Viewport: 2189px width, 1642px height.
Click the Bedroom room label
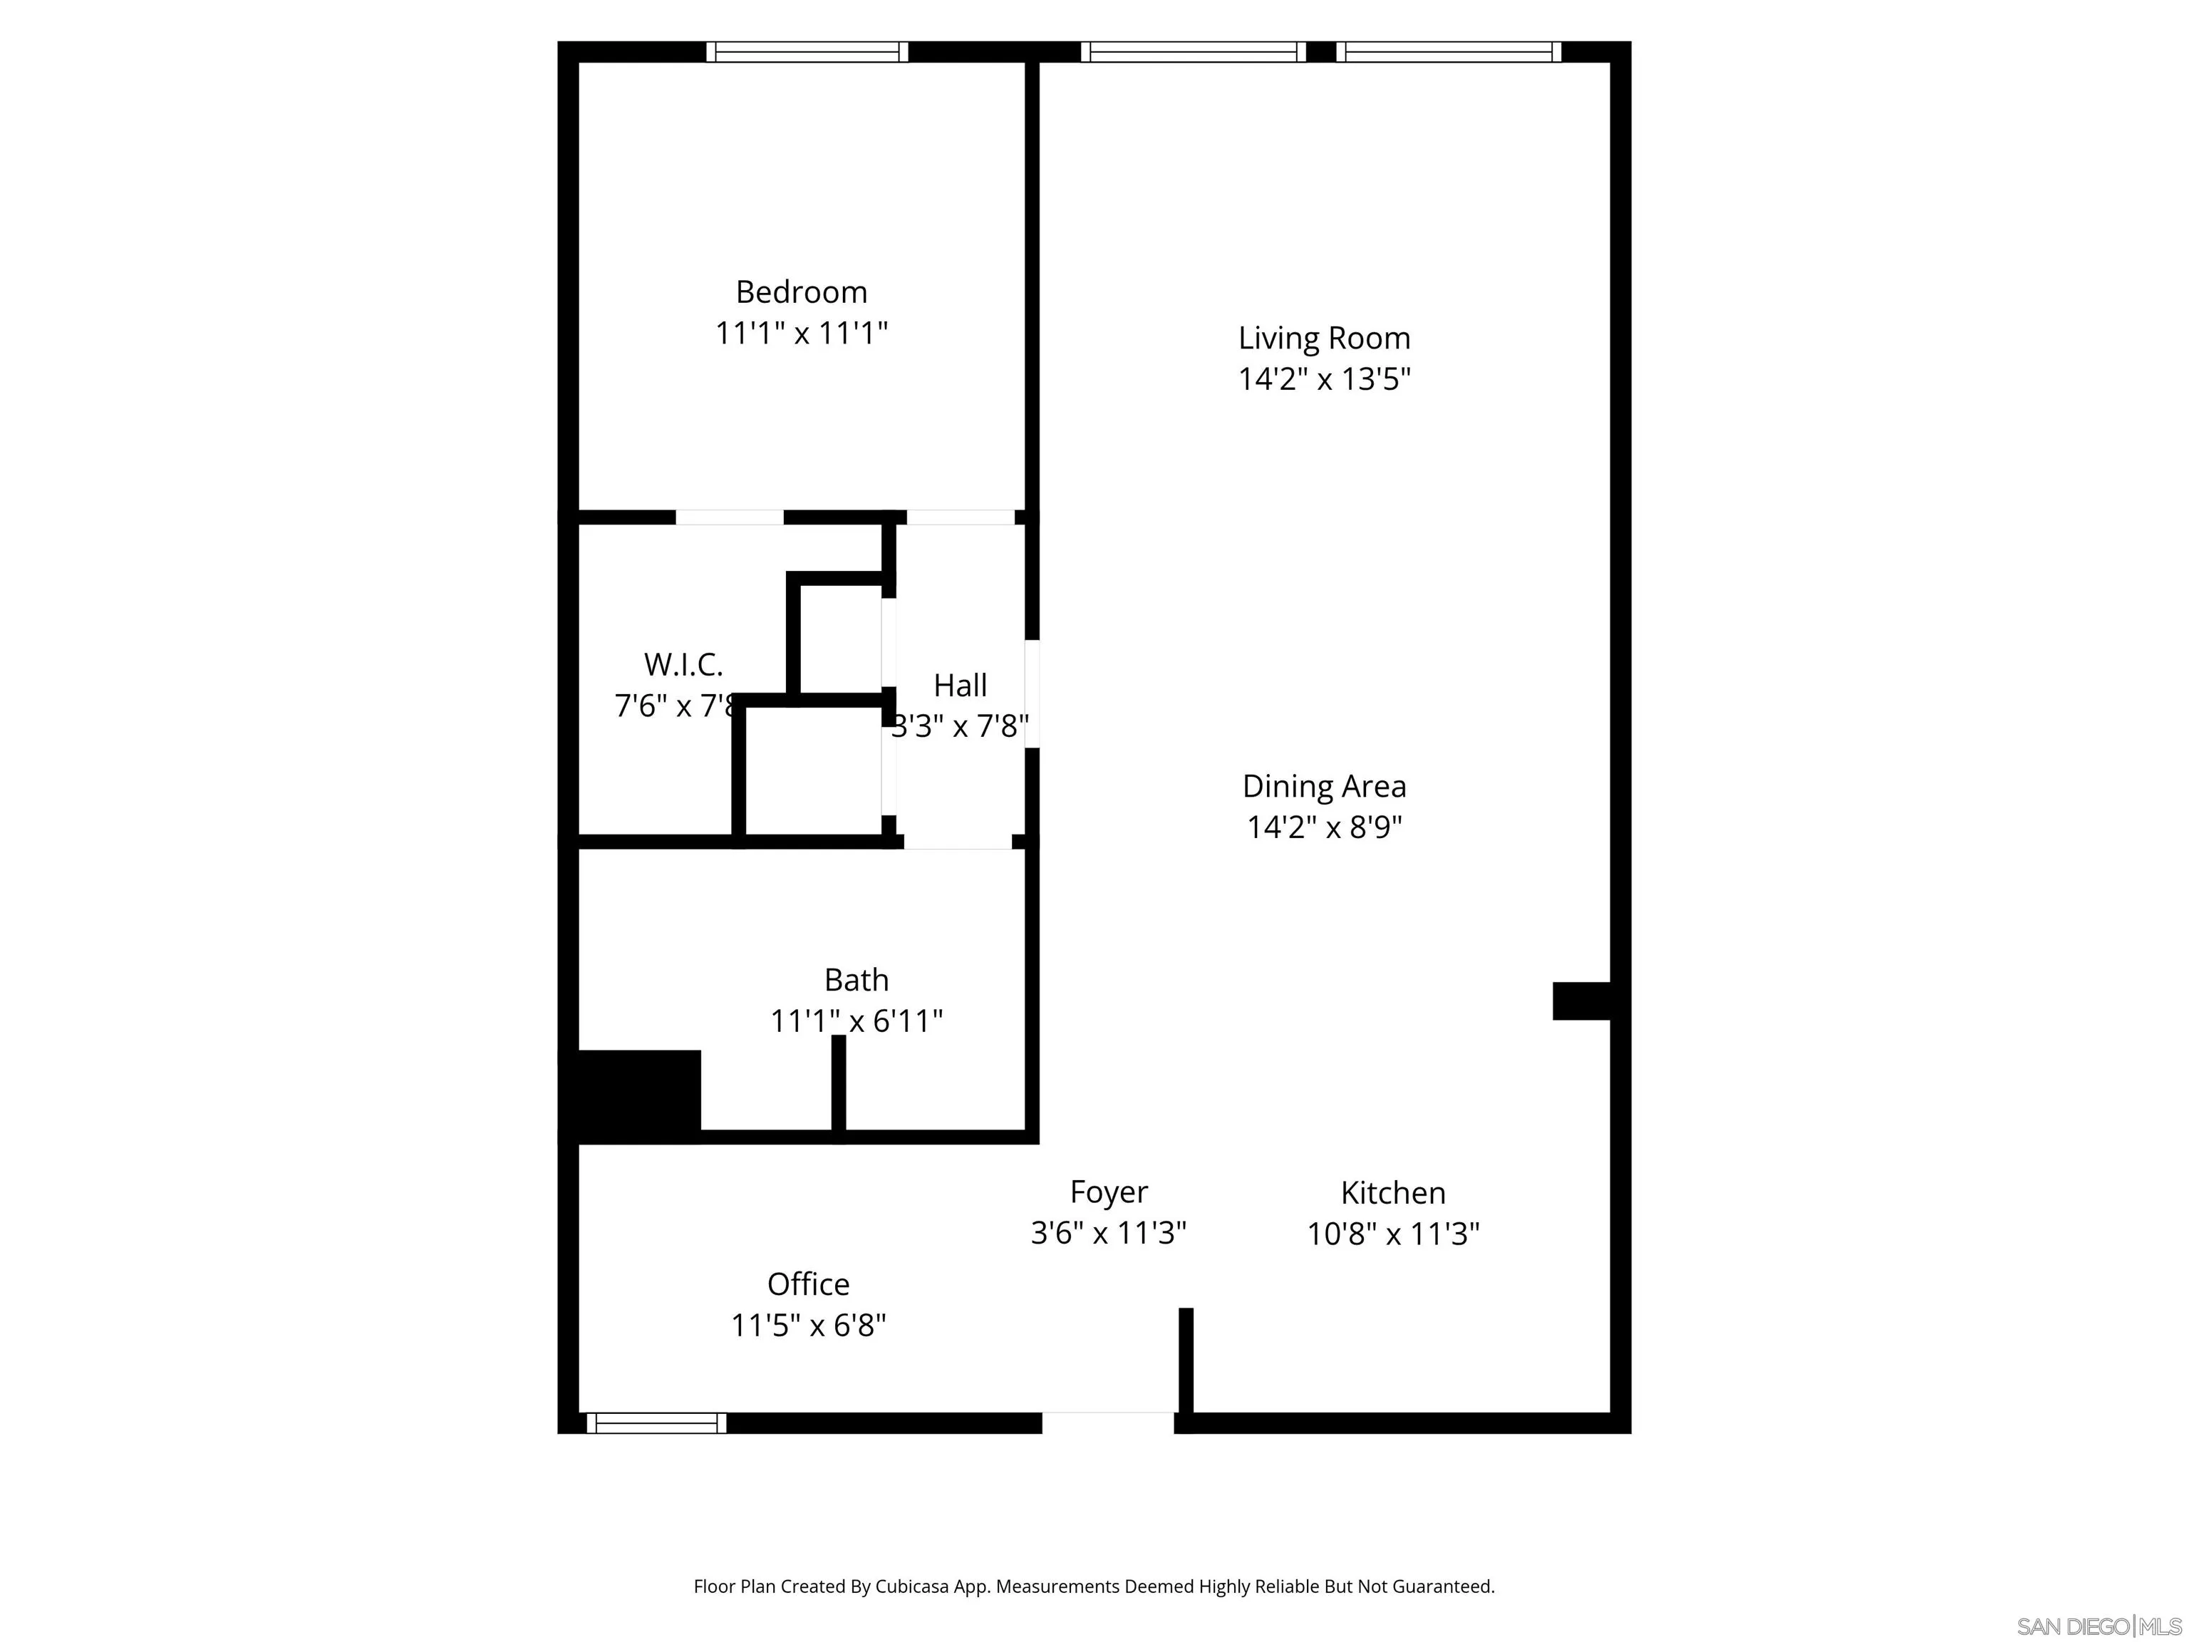pos(802,292)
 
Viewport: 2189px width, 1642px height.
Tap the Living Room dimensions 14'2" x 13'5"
pos(1324,379)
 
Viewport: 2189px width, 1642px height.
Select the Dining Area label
pos(1324,787)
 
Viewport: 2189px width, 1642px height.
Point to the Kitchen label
pos(1392,1192)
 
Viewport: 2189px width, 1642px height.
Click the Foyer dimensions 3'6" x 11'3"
pos(1108,1233)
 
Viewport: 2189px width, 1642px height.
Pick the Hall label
pos(960,685)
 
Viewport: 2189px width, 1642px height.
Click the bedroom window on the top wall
pos(807,51)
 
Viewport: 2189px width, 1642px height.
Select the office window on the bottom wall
pos(656,1422)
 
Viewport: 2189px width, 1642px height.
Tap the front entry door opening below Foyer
pos(1108,1422)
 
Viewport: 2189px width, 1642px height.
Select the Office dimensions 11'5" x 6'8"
pos(809,1326)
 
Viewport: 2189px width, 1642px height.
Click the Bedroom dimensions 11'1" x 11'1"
pos(802,333)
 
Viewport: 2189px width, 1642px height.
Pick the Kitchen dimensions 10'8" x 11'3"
pos(1392,1234)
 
